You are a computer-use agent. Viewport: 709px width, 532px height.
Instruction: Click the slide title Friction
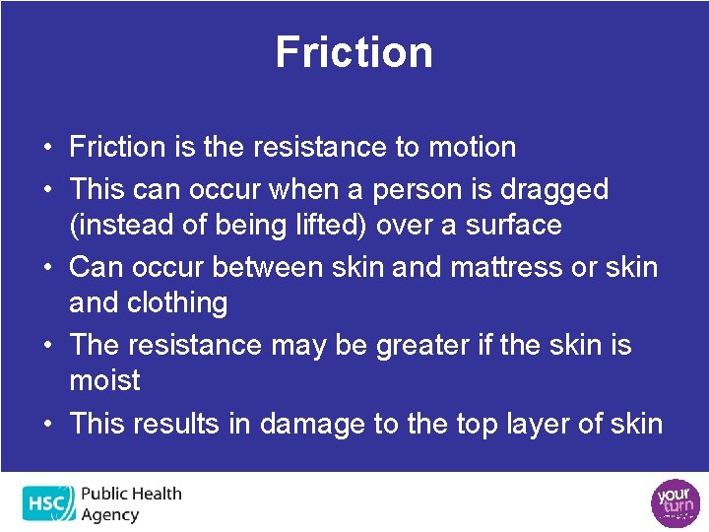tap(354, 52)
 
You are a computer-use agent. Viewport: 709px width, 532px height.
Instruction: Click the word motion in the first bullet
tap(470, 148)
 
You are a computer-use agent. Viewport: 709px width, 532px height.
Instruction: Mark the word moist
tap(104, 380)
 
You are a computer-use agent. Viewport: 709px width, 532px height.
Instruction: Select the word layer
tap(539, 424)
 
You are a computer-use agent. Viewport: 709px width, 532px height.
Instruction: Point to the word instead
tap(120, 225)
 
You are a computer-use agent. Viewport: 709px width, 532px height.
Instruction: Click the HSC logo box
tap(48, 503)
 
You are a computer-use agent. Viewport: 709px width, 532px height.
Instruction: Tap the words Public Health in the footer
tap(132, 495)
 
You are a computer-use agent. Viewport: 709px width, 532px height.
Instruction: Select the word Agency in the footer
tap(110, 514)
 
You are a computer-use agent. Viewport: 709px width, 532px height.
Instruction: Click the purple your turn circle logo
tap(675, 502)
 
